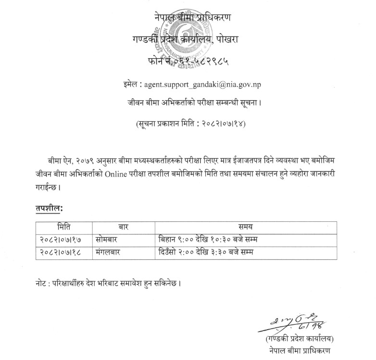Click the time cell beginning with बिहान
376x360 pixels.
(x=208, y=238)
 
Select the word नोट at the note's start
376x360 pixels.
(x=42, y=283)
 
